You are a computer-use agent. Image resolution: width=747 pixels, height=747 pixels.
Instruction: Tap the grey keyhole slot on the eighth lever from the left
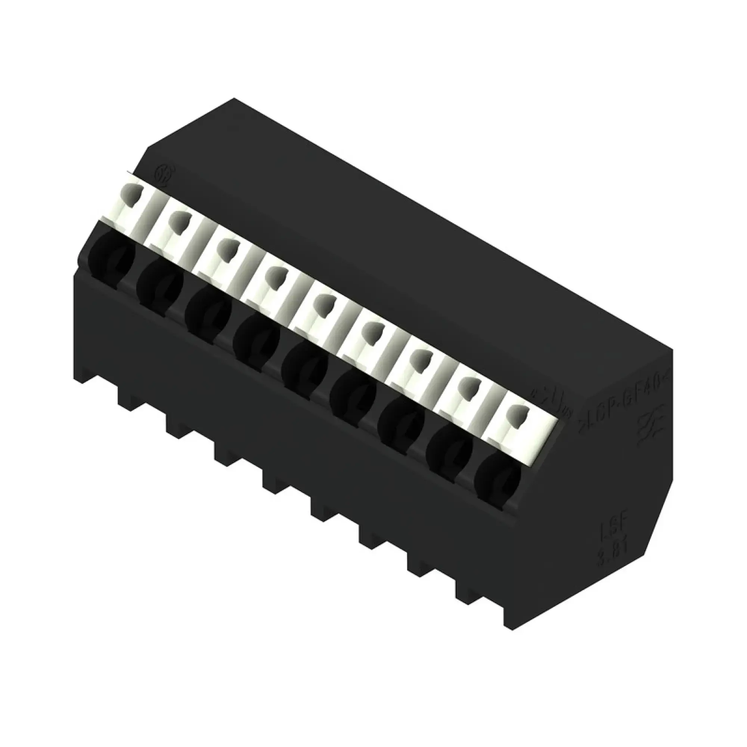coord(469,388)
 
